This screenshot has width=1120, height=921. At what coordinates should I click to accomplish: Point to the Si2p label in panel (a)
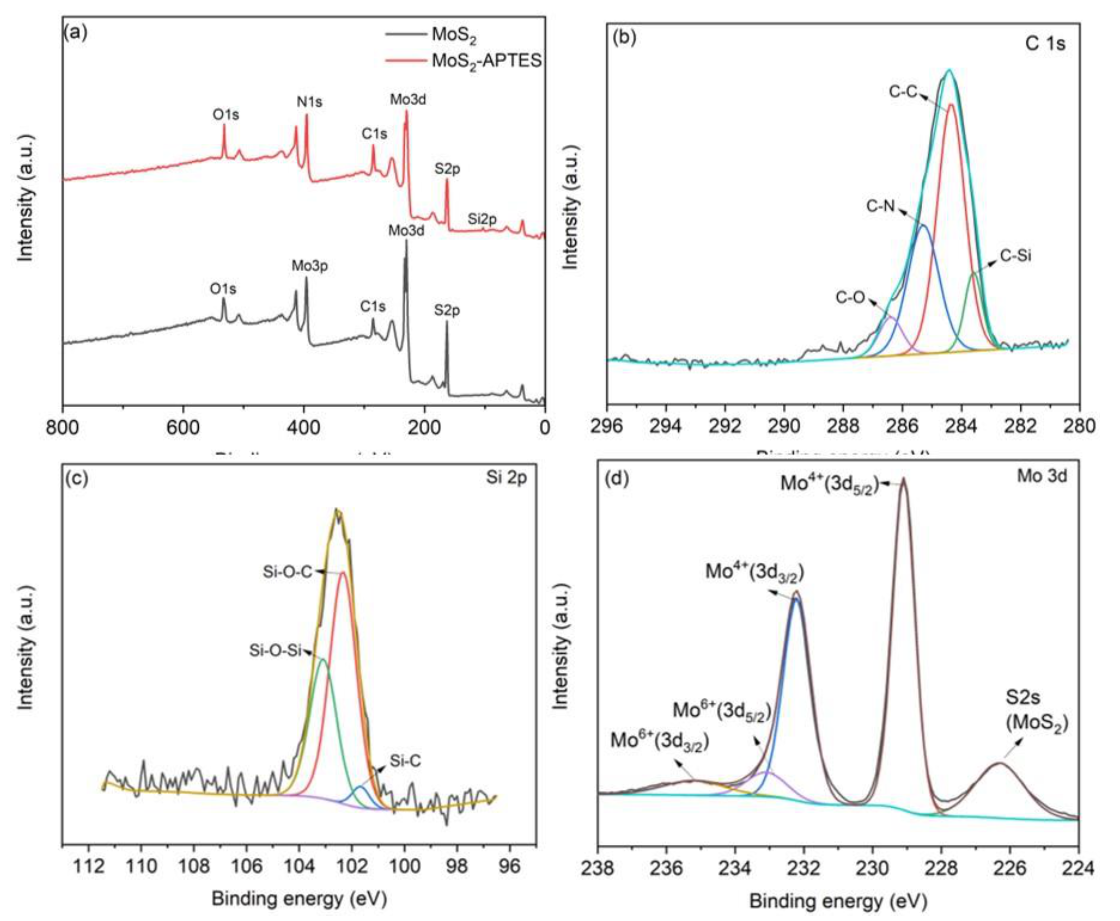(x=482, y=219)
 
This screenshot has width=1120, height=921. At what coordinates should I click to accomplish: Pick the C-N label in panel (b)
(x=881, y=206)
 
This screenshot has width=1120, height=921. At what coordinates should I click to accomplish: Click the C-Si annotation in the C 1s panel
(x=1016, y=256)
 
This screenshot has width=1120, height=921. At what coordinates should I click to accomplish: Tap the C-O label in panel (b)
(x=851, y=298)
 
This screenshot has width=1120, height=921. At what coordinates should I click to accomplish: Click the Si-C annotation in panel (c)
(x=405, y=761)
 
